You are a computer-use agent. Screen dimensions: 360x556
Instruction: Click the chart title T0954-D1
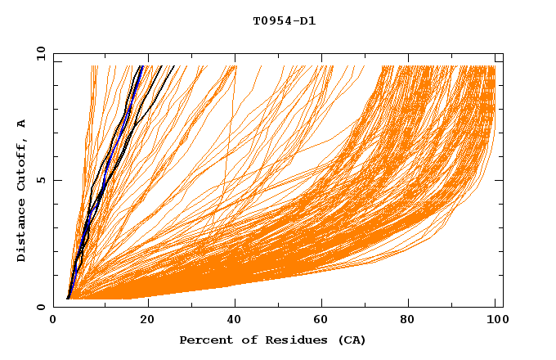pyautogui.click(x=285, y=21)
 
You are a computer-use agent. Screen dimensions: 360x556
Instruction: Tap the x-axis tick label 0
pyautogui.click(x=53, y=320)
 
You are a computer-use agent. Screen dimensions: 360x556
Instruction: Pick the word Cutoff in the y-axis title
pyautogui.click(x=22, y=164)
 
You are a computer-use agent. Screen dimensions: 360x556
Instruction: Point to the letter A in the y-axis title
pyautogui.click(x=22, y=124)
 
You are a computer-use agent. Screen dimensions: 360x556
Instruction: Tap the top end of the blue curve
pyautogui.click(x=141, y=66)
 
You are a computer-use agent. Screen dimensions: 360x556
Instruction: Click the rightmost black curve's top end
pyautogui.click(x=174, y=66)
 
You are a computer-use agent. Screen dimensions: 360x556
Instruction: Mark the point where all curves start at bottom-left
pyautogui.click(x=68, y=299)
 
